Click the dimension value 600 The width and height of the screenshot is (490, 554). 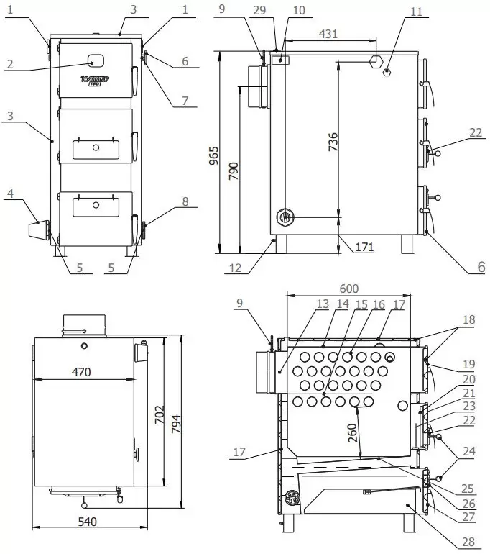coord(350,285)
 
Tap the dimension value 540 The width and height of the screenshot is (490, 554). coord(85,520)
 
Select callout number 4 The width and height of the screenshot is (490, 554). coord(10,193)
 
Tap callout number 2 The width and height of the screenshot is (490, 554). coord(9,63)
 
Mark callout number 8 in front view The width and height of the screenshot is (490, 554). coord(185,202)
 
